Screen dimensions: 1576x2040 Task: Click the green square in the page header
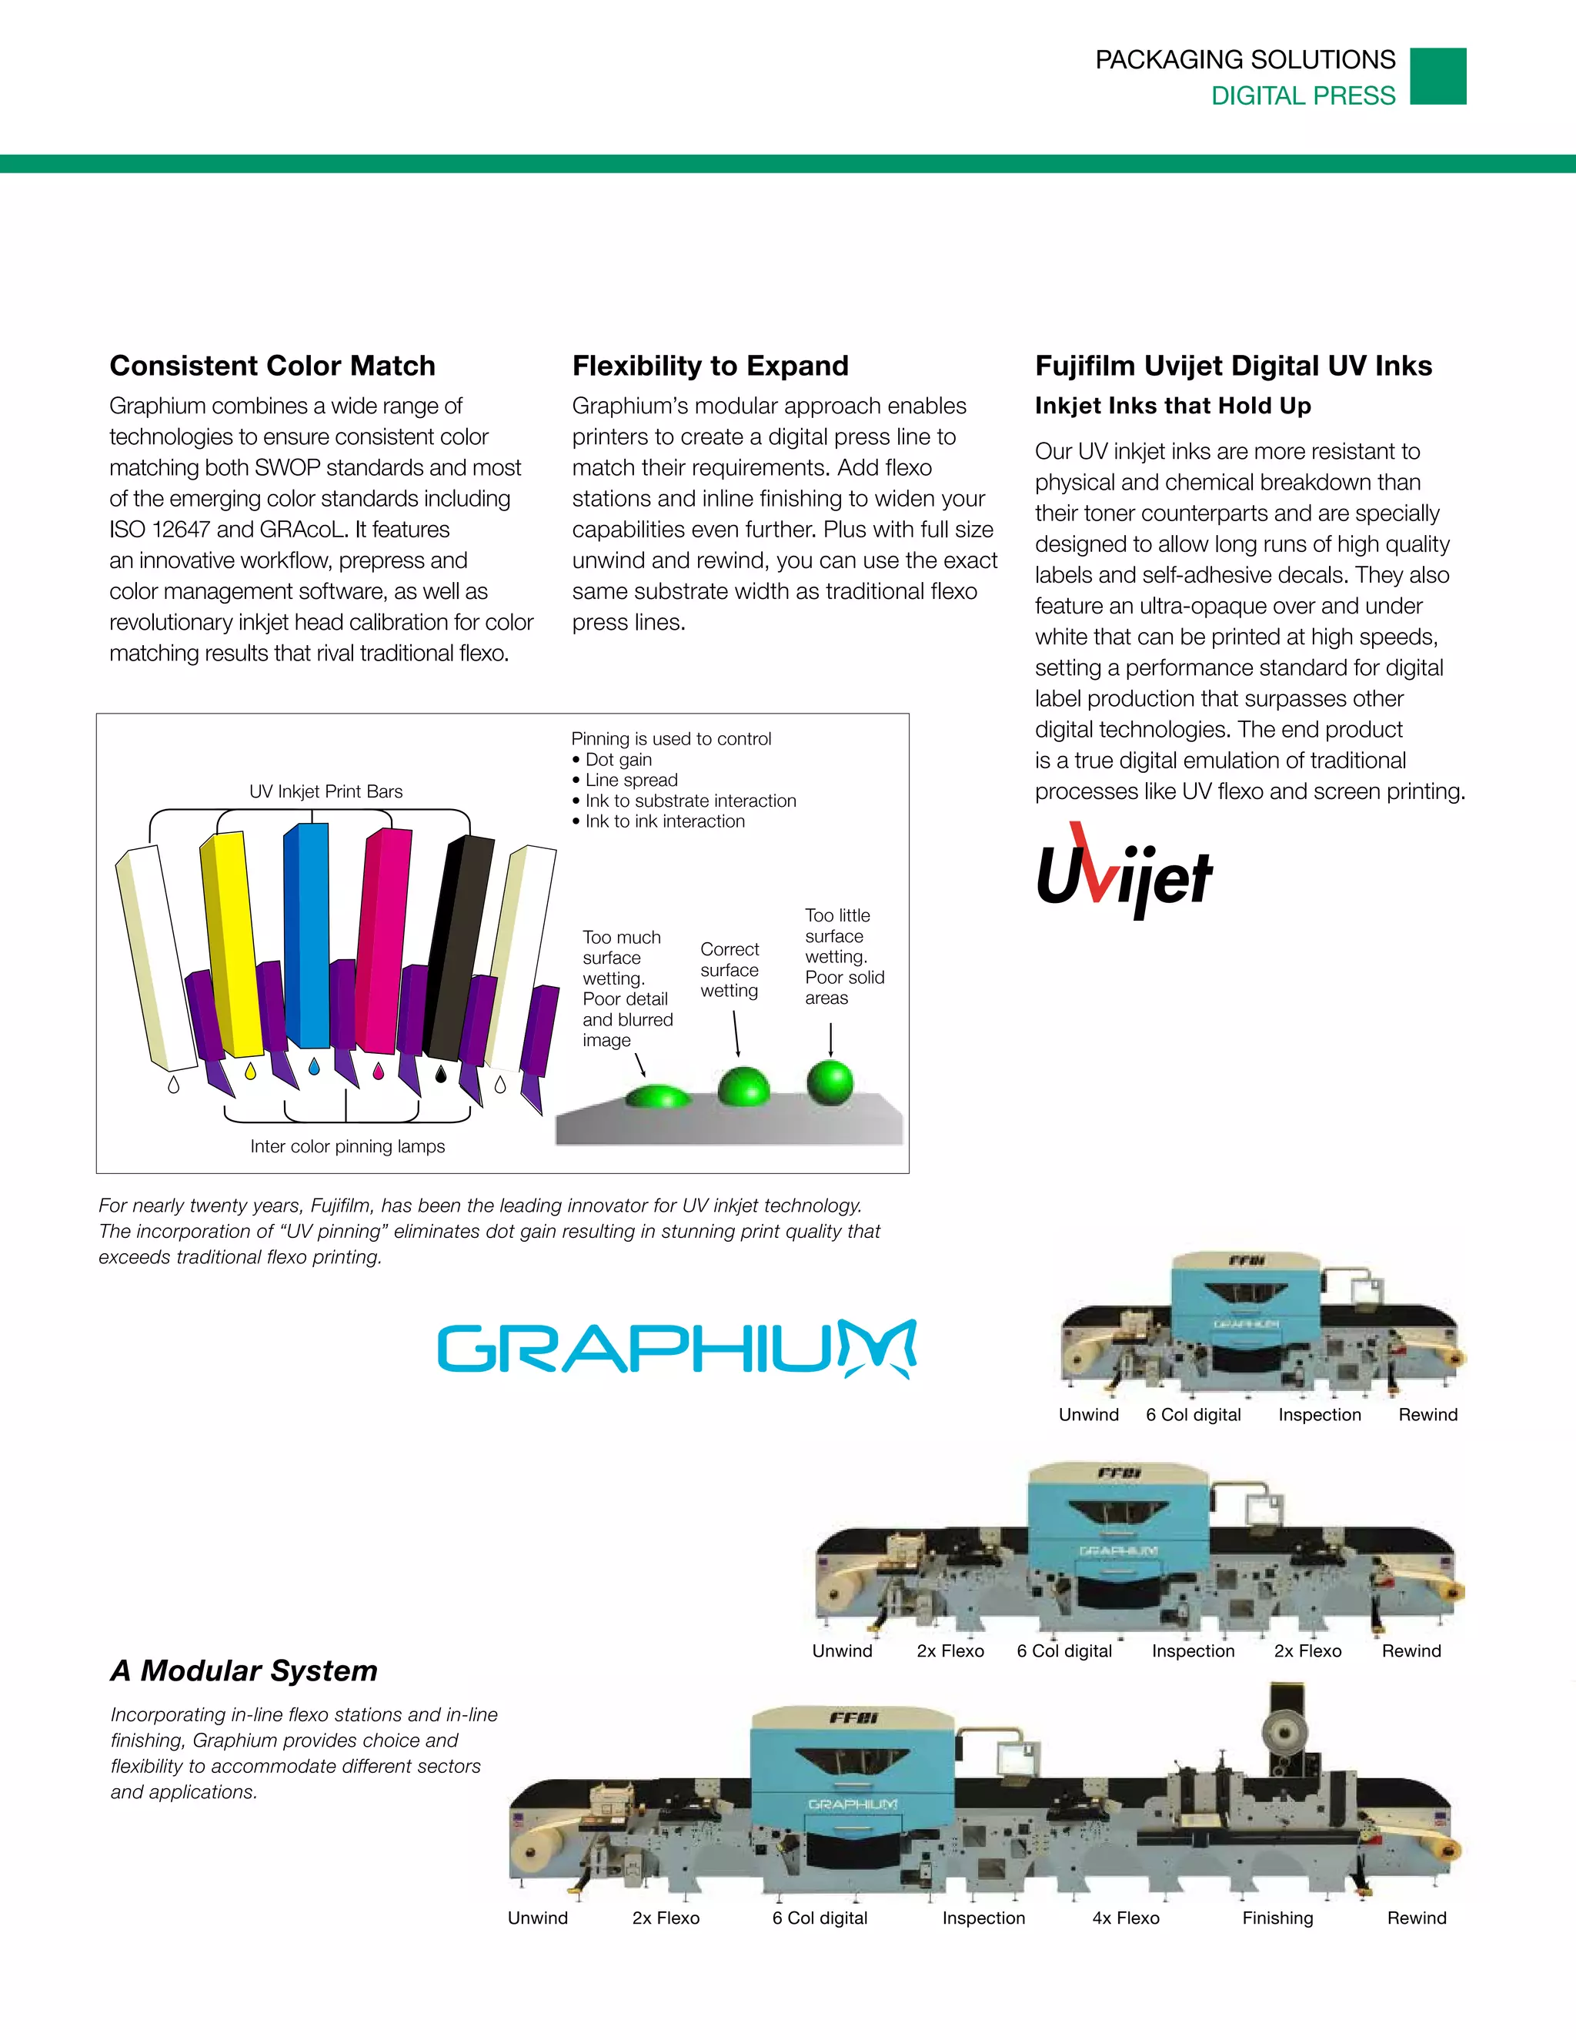click(x=1437, y=76)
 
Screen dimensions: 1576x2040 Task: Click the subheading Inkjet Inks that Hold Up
click(x=1173, y=406)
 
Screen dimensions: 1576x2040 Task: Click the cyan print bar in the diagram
click(x=308, y=934)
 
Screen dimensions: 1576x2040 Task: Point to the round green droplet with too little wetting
click(x=830, y=1082)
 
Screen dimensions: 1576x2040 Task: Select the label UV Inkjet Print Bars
click(x=326, y=791)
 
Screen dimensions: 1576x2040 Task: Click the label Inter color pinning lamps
click(x=347, y=1146)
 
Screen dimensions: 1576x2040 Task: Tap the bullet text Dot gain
click(x=618, y=759)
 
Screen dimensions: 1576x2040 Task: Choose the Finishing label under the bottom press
click(x=1277, y=1918)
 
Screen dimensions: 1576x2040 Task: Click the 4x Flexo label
click(x=1126, y=1918)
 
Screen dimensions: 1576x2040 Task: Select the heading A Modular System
click(x=244, y=1670)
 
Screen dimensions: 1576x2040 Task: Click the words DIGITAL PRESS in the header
click(x=1303, y=95)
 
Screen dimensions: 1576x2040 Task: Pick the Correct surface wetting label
click(x=730, y=969)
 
